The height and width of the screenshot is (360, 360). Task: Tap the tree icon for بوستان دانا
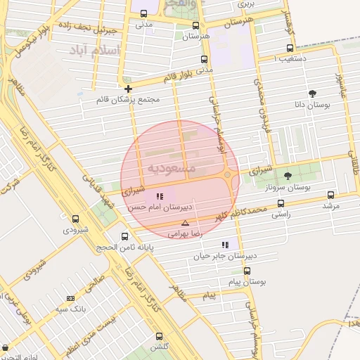312,93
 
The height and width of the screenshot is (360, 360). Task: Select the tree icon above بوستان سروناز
288,176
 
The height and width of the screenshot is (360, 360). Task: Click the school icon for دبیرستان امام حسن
160,196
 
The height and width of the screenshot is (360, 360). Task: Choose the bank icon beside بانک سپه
70,298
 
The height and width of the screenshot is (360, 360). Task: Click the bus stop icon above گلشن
159,336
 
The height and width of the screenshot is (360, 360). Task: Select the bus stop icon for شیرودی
76,219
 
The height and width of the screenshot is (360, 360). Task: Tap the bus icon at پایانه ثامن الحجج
125,236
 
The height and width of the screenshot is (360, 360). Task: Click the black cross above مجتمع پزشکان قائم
128,89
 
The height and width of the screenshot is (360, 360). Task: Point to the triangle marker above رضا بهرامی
185,222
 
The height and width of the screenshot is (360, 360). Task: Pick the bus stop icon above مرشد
330,195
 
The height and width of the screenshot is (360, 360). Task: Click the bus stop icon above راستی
281,203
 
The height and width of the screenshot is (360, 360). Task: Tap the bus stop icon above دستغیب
290,49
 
